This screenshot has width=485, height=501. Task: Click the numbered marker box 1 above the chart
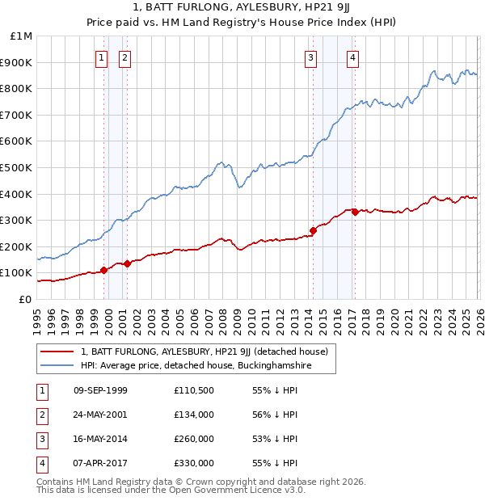[x=102, y=57]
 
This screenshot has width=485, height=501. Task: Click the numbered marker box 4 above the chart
[x=354, y=57]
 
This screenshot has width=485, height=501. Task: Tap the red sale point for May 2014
[x=313, y=230]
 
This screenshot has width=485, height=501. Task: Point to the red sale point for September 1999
[x=103, y=270]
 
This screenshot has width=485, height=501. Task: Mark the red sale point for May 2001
[x=128, y=263]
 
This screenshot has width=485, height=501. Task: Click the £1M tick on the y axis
[x=22, y=36]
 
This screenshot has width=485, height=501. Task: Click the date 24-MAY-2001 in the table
[x=100, y=415]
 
